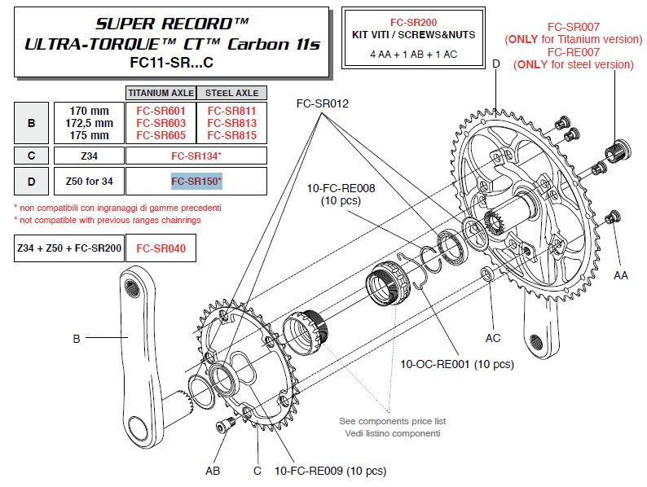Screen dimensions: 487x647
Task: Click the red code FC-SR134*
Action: click(196, 156)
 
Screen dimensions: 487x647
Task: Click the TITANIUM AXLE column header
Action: click(161, 93)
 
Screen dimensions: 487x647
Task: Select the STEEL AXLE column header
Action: click(231, 93)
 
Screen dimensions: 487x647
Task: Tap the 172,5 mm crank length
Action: click(89, 123)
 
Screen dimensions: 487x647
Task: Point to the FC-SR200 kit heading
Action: click(415, 24)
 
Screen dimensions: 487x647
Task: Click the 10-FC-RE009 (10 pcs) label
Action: click(330, 471)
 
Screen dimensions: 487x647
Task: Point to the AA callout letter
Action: click(621, 276)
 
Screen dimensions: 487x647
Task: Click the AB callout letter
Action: click(212, 470)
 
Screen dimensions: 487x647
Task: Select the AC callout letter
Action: click(492, 337)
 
